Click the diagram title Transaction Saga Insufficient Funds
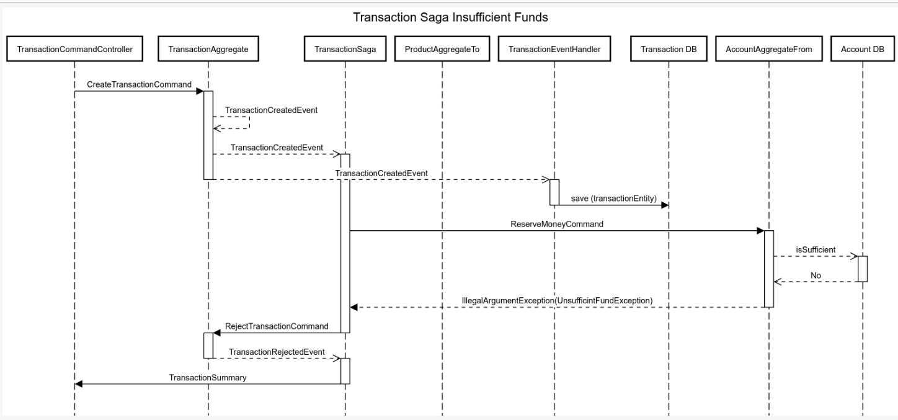coord(450,17)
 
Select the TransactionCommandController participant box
coord(74,50)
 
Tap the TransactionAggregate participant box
coord(208,50)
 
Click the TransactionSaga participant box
coord(345,50)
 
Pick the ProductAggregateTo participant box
coord(442,50)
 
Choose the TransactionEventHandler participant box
coord(554,50)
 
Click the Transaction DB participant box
coord(669,50)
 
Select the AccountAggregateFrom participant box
coord(769,50)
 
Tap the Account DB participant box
coord(863,50)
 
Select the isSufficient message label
coord(816,249)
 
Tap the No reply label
coord(816,275)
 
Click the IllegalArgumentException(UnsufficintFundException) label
coord(558,300)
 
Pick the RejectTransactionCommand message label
coord(277,326)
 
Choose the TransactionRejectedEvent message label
coord(277,352)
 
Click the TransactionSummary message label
coord(208,377)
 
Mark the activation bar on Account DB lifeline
coord(863,269)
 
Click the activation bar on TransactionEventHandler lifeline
coord(554,192)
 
